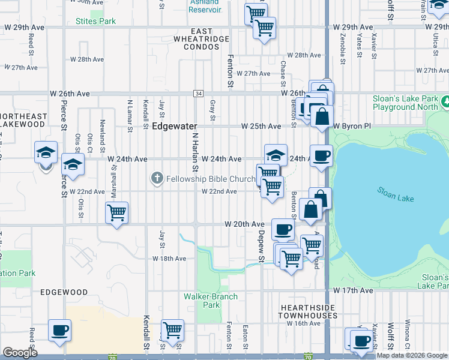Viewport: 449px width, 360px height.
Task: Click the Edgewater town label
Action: (175, 127)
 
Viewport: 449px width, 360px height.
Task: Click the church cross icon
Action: (157, 178)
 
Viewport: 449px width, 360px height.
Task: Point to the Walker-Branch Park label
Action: (211, 301)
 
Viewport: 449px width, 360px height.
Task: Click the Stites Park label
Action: (96, 22)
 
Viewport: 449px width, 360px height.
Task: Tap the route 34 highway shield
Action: (198, 94)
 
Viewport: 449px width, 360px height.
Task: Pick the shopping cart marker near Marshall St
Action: (116, 212)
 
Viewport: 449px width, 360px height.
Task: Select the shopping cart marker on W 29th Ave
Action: (264, 28)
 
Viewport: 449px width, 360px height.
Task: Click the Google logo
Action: (20, 353)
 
